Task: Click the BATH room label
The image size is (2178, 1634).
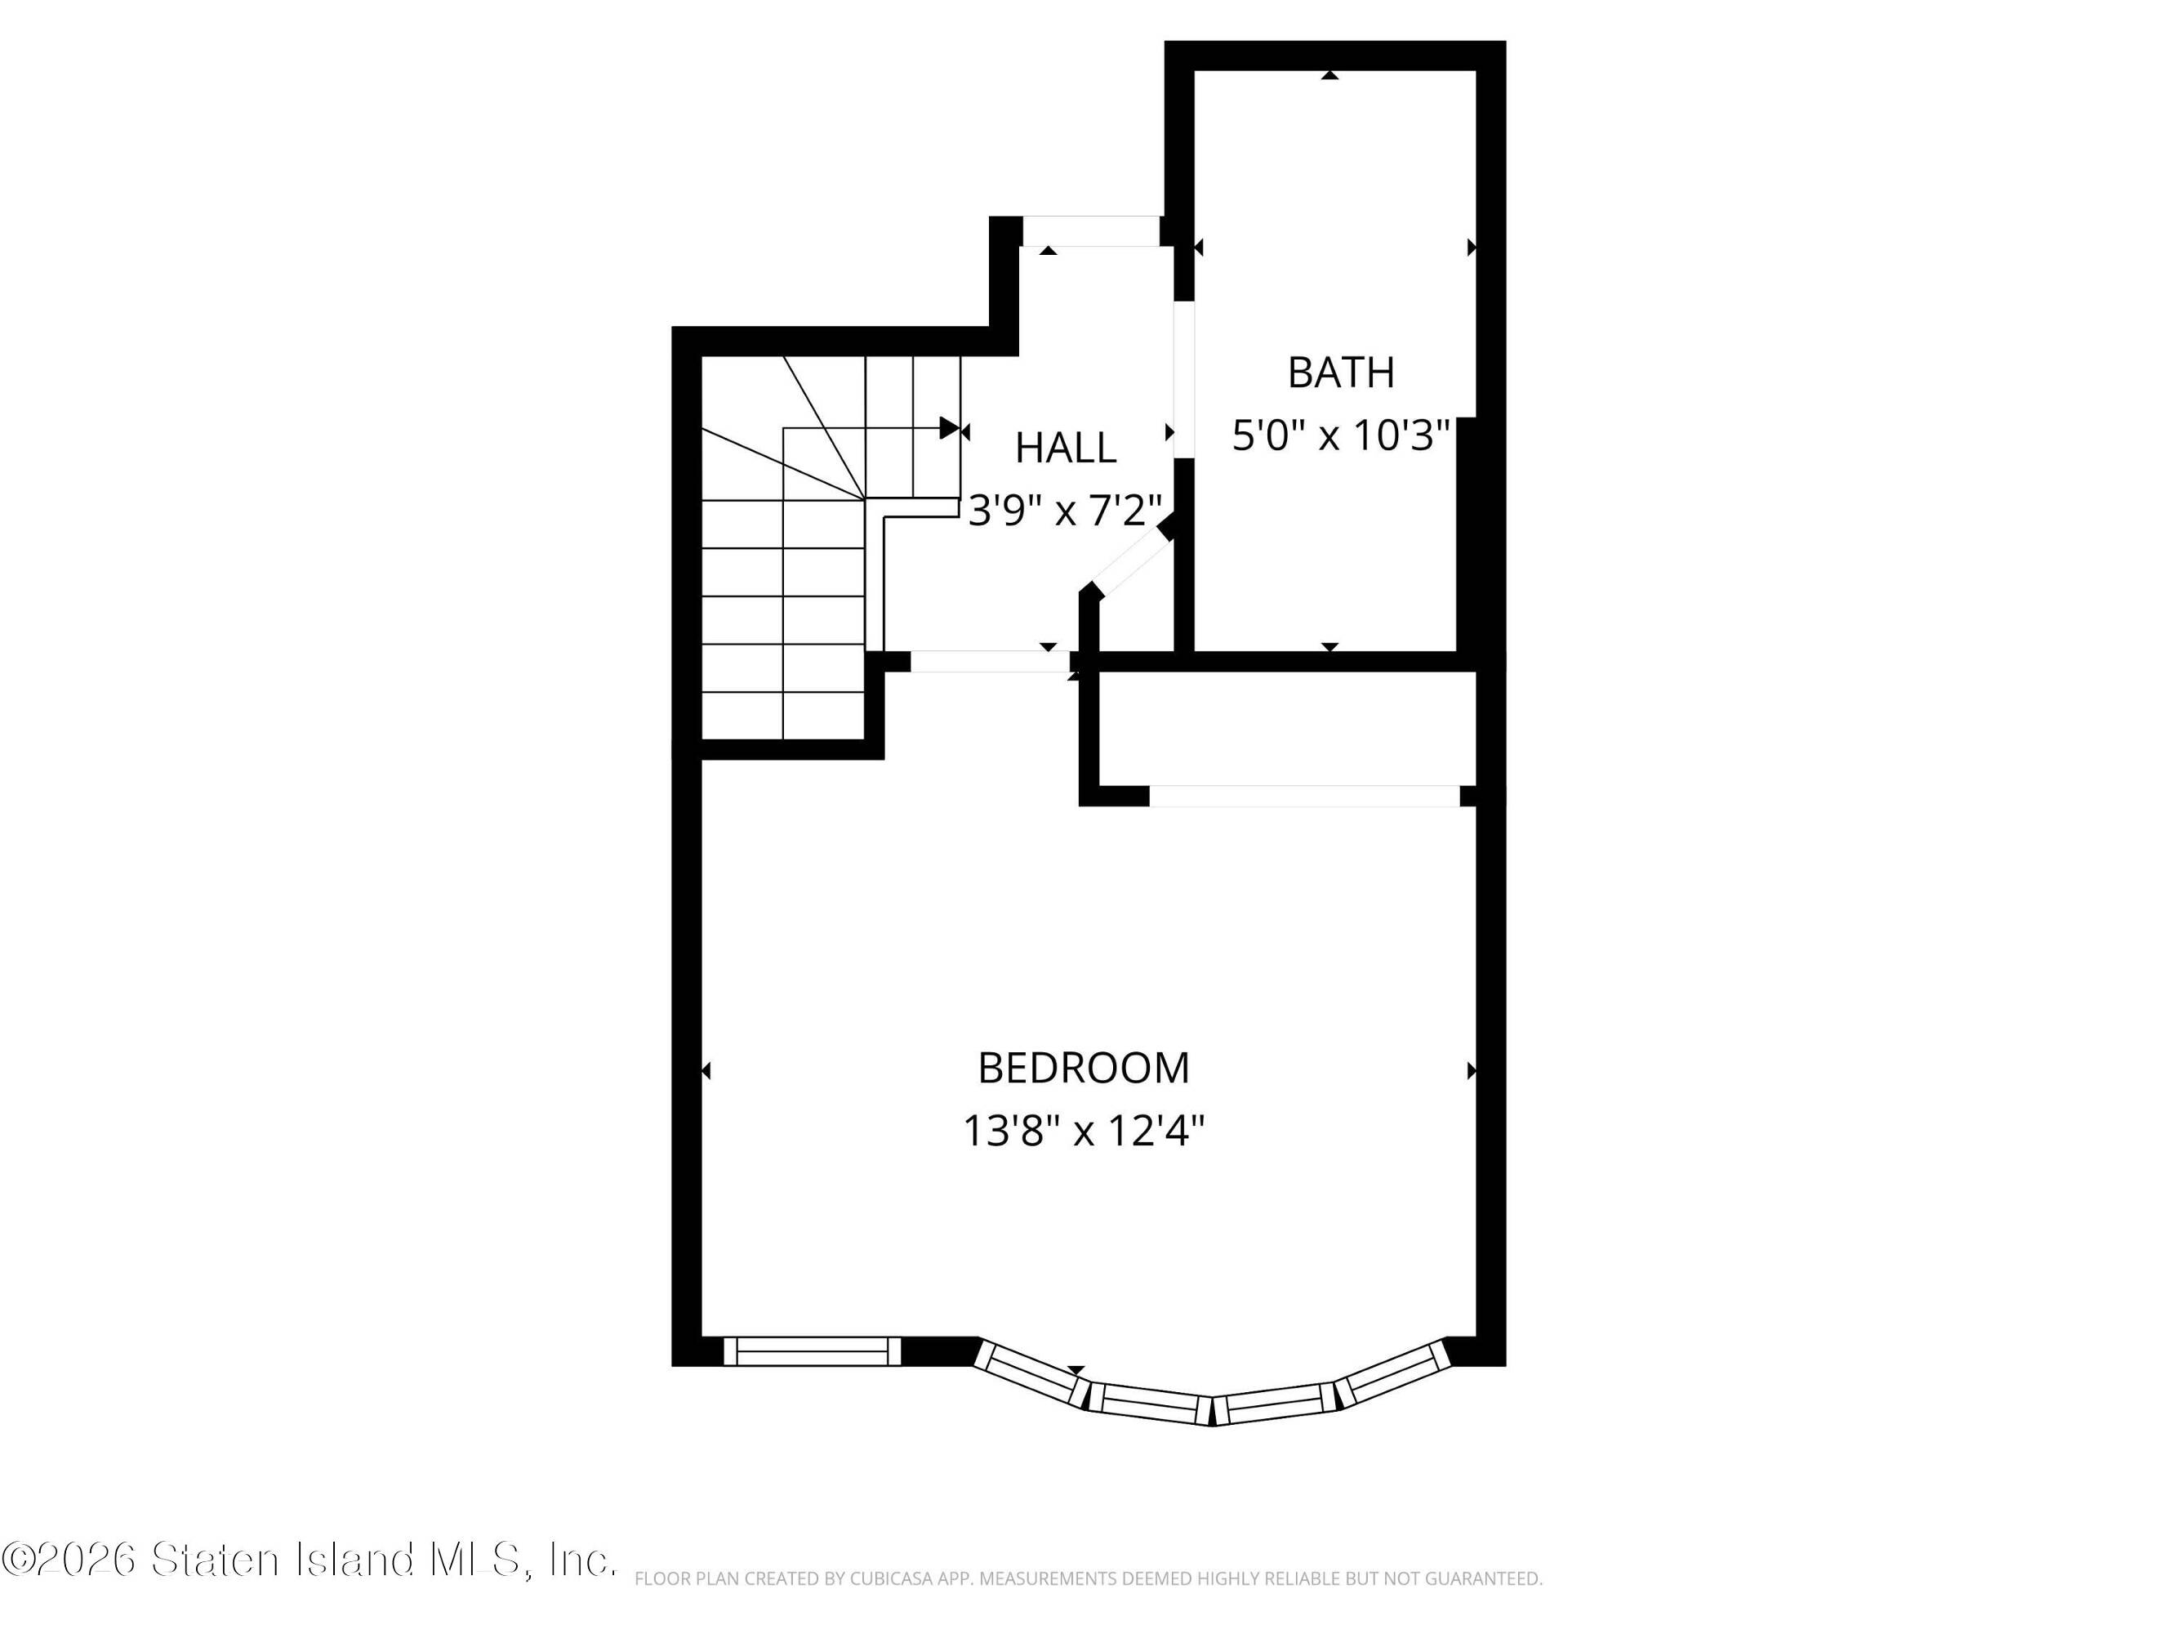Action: tap(1340, 373)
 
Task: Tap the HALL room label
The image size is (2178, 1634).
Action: tap(1066, 449)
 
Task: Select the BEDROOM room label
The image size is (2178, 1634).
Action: tap(1083, 1068)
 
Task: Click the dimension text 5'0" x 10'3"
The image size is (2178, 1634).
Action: tap(1341, 435)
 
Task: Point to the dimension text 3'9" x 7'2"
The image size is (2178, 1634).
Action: tap(1066, 510)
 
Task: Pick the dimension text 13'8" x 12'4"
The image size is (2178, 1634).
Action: tap(1083, 1131)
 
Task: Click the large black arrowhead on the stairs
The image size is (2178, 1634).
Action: tap(949, 428)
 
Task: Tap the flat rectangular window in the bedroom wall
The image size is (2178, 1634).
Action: tap(813, 1351)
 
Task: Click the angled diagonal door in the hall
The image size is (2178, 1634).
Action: tap(1129, 559)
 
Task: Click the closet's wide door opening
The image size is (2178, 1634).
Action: tap(1305, 796)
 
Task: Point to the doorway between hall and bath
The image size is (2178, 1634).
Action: tap(1183, 379)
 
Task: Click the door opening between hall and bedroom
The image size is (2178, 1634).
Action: tap(990, 662)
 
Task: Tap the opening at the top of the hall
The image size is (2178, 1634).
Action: tap(1091, 231)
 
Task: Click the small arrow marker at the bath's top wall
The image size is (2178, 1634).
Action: tap(1330, 75)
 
